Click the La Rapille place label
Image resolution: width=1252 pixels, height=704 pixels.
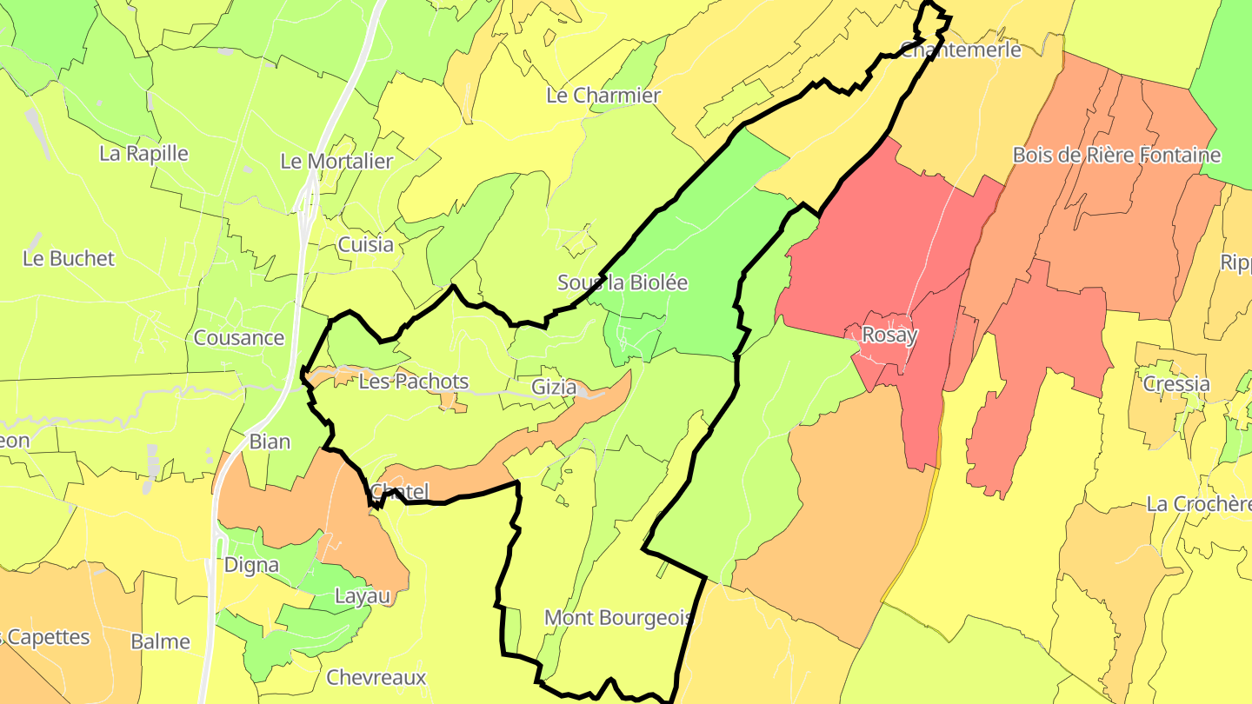[x=143, y=154]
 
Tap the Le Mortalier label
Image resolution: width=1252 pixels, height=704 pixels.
[x=336, y=161]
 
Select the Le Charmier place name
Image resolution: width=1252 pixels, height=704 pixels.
[x=603, y=96]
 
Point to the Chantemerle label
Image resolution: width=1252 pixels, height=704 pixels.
[x=961, y=50]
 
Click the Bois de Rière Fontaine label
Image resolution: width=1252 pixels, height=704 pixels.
[x=1116, y=156]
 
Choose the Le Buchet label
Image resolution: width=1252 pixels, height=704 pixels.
[x=69, y=259]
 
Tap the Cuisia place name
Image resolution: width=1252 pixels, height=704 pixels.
[x=365, y=245]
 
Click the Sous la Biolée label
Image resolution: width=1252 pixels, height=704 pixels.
[x=623, y=282]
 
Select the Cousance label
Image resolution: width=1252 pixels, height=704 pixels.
[x=239, y=338]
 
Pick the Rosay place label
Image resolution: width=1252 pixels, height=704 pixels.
[x=889, y=335]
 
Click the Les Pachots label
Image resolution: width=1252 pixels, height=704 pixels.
[x=413, y=382]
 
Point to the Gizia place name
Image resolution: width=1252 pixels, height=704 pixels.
[x=554, y=388]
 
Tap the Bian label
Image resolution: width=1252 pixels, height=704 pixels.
[x=270, y=442]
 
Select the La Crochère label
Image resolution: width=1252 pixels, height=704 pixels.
[x=1198, y=504]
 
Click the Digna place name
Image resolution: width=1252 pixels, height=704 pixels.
[x=251, y=565]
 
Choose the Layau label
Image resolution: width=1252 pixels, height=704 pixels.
[x=363, y=596]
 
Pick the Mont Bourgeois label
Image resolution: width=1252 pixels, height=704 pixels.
[x=618, y=618]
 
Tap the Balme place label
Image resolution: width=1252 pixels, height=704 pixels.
[x=160, y=642]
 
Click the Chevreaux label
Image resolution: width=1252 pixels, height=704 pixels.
[x=376, y=678]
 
